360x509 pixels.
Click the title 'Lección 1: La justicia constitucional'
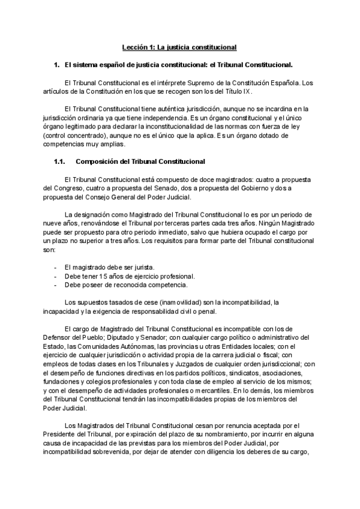180,46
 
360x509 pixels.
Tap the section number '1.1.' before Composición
59,161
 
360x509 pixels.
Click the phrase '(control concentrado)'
73,136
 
